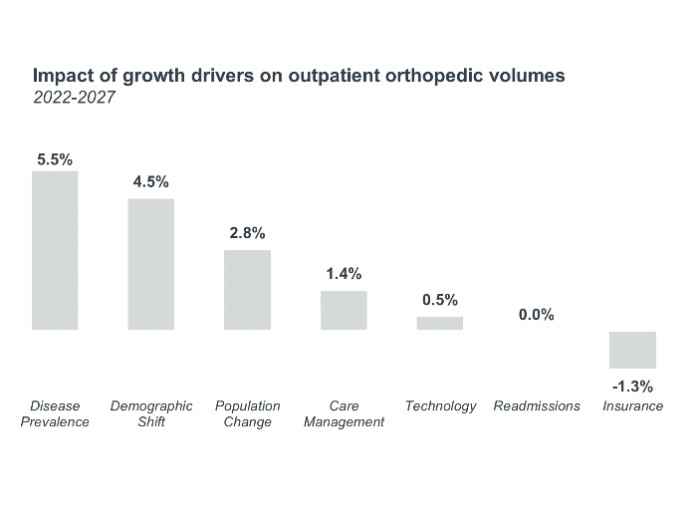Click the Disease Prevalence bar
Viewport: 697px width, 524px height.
click(55, 250)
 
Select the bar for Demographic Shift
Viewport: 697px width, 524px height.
click(151, 264)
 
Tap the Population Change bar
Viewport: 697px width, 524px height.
click(247, 289)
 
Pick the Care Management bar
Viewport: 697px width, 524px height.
click(344, 310)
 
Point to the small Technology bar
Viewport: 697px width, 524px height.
click(439, 323)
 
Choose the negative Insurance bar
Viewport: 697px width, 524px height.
click(632, 350)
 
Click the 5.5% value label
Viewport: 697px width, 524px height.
click(55, 158)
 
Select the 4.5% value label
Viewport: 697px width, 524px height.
click(151, 182)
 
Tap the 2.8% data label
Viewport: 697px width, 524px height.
click(247, 233)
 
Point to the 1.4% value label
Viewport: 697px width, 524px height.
click(344, 274)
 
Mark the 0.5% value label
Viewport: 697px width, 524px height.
click(439, 300)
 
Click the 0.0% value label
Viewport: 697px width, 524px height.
click(536, 315)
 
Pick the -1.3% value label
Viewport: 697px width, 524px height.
click(632, 387)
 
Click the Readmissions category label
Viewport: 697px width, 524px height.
click(537, 406)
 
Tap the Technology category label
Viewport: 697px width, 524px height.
click(440, 406)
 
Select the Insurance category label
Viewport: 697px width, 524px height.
click(632, 406)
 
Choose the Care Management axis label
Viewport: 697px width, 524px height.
click(344, 414)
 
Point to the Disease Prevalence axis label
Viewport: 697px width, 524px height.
click(55, 414)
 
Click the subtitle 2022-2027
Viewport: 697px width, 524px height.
click(75, 98)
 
